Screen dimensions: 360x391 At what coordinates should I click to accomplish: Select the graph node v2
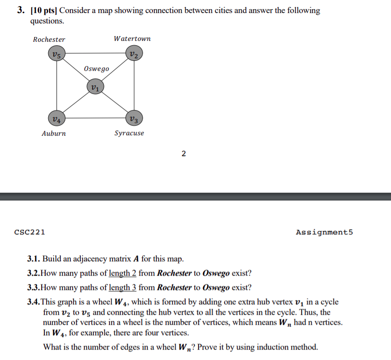[x=133, y=54]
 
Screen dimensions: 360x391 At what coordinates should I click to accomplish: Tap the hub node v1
[x=95, y=86]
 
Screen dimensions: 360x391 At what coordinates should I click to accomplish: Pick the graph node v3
[x=133, y=118]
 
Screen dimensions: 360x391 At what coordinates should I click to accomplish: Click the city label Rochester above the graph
[x=49, y=40]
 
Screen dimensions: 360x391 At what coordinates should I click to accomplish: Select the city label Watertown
[x=132, y=39]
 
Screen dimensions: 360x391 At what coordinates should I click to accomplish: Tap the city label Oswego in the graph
[x=96, y=69]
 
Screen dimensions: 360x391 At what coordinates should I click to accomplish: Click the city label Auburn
[x=54, y=133]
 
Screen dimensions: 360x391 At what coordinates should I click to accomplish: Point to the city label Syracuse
[x=129, y=133]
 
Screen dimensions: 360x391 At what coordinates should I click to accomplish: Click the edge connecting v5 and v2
[x=95, y=53]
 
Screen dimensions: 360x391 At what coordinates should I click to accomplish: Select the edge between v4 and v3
[x=95, y=117]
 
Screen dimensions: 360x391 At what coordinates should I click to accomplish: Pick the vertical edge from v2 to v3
[x=133, y=86]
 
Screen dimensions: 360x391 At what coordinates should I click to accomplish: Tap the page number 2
[x=183, y=153]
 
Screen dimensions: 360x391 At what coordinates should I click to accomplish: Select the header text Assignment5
[x=324, y=232]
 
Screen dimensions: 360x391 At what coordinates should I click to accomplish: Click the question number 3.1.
[x=34, y=259]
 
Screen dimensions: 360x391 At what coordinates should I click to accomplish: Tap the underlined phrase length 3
[x=123, y=287]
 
